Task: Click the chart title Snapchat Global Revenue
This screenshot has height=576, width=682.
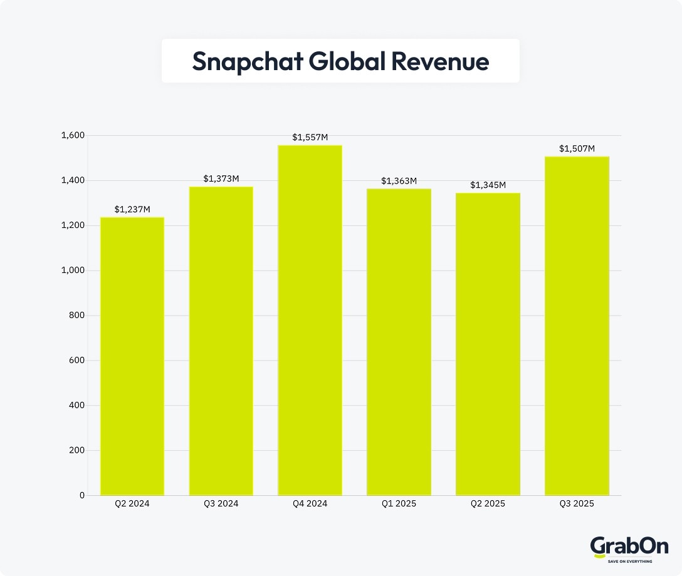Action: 340,61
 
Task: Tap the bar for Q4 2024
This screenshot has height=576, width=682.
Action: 310,320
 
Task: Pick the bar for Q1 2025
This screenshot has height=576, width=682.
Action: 399,342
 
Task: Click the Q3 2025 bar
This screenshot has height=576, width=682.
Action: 577,326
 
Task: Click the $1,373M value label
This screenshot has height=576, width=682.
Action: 221,179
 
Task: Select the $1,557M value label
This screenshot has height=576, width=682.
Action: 310,137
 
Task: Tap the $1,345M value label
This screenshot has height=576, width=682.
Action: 488,185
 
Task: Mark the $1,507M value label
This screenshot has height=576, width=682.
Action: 577,149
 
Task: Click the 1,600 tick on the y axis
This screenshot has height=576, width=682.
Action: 73,135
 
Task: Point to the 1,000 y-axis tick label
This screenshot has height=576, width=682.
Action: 73,270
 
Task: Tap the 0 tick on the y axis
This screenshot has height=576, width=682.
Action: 81,495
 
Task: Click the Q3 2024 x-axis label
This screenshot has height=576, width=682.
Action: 221,503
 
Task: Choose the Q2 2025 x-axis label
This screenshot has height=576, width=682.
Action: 488,503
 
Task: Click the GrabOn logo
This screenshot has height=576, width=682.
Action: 621,548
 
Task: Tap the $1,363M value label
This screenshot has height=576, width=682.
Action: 399,181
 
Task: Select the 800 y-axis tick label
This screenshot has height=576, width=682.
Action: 77,316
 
